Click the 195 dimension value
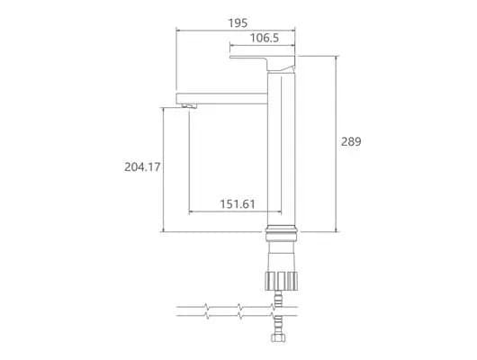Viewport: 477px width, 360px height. click(x=238, y=23)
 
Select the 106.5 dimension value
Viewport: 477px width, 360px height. click(x=265, y=38)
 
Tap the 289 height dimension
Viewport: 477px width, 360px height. click(x=351, y=141)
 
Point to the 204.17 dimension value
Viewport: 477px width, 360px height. click(x=142, y=167)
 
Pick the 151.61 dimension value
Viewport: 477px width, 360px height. click(x=238, y=204)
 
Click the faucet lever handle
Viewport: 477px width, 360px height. click(x=262, y=63)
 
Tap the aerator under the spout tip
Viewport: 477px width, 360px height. click(x=189, y=106)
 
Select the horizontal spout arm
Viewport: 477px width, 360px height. click(x=221, y=98)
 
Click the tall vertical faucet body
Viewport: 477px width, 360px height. click(x=282, y=149)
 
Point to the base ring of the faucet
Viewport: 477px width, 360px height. click(x=282, y=233)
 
